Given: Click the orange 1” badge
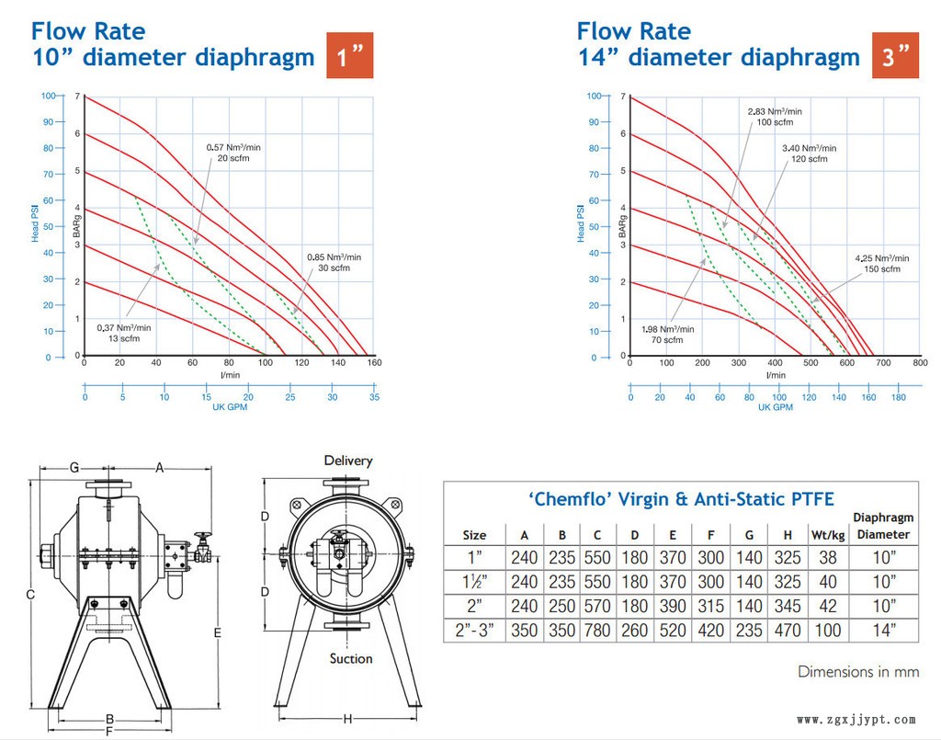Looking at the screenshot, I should point(350,57).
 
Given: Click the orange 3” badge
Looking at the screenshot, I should point(895,57).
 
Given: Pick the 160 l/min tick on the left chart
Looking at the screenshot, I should point(373,364).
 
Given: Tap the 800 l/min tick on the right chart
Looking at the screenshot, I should point(920,364).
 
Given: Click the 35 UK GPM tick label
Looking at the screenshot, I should point(373,398).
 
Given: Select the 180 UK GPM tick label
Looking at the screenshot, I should point(898,398).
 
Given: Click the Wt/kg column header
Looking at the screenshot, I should point(827,535).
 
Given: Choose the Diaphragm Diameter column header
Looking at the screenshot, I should point(882,526).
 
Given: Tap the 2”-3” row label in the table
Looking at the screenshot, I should point(474,631).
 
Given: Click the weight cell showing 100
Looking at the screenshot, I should point(827,631).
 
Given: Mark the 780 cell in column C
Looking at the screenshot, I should point(597,631).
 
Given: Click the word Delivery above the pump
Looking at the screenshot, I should point(348,461).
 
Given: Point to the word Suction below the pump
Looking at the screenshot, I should point(351,658).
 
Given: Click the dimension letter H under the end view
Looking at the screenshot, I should point(348,719).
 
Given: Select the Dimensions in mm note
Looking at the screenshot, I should point(858,672).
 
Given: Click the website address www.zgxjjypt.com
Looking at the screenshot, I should point(856,720).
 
